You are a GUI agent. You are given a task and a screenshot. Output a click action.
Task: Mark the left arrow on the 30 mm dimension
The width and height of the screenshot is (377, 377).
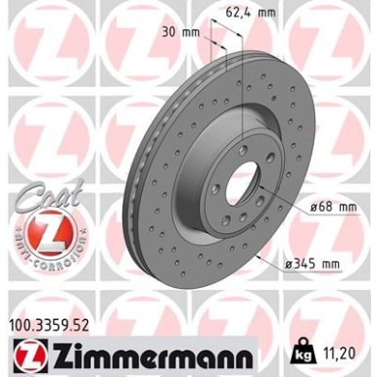pos(213,44)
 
